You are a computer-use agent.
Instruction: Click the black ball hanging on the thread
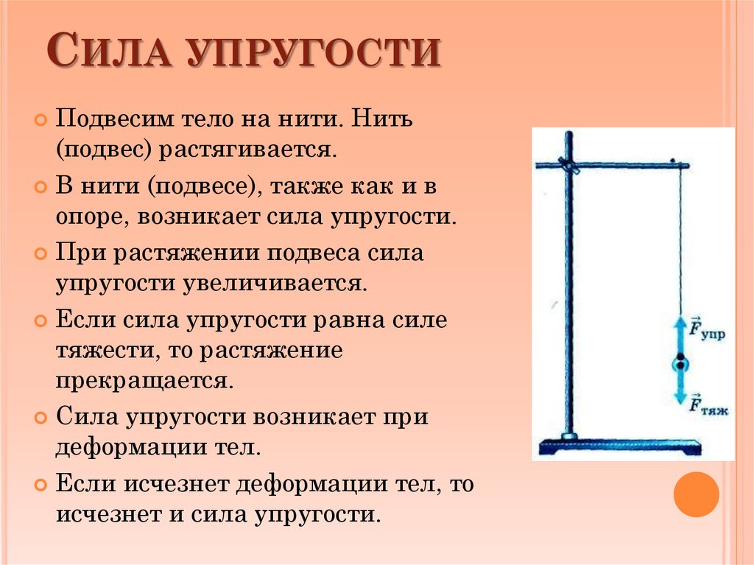(x=681, y=362)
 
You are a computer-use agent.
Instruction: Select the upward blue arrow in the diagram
(x=681, y=334)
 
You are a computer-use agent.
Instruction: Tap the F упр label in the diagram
(x=707, y=329)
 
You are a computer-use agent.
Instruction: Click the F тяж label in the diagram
(x=708, y=405)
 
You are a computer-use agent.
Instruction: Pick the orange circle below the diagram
(x=696, y=494)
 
